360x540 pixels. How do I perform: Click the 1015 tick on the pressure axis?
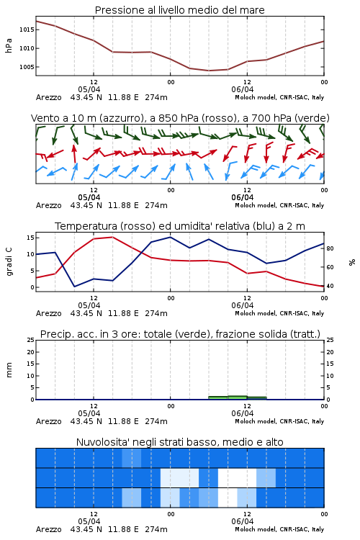click(x=27, y=30)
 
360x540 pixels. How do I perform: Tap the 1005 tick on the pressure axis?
click(x=27, y=67)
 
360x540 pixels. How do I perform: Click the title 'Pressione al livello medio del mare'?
click(x=180, y=10)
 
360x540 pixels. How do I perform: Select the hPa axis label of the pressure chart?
click(x=9, y=45)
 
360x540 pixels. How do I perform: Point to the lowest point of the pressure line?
click(x=209, y=71)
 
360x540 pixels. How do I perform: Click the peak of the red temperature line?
click(x=112, y=237)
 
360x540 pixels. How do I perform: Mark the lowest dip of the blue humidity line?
click(x=74, y=286)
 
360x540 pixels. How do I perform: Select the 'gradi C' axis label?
click(x=9, y=261)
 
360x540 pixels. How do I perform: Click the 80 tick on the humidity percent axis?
click(x=330, y=248)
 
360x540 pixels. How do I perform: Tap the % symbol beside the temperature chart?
click(x=352, y=262)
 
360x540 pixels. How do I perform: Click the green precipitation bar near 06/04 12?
click(x=238, y=397)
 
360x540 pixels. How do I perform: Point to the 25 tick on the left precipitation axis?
click(x=31, y=340)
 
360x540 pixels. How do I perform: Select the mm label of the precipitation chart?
click(x=9, y=370)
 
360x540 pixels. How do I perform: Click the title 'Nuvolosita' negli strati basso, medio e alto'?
click(x=180, y=442)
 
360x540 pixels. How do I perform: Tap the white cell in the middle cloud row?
click(x=238, y=477)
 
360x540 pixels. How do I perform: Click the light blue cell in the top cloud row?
click(x=132, y=458)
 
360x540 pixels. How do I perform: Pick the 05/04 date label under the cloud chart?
click(x=89, y=521)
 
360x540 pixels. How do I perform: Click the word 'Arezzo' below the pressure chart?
click(x=48, y=97)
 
